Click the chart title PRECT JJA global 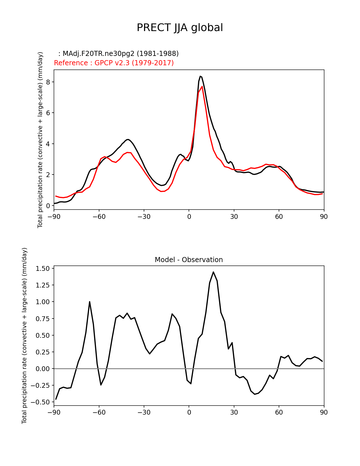pos(180,28)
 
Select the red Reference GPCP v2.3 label pos(114,63)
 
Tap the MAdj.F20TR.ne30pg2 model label pos(119,54)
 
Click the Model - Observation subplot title pos(189,260)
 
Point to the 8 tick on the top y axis pos(48,82)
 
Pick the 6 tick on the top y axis pos(48,113)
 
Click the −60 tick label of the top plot pos(99,217)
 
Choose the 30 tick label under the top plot pos(234,217)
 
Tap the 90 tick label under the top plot pos(324,217)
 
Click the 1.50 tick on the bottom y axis pos(43,269)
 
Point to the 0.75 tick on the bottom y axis pos(43,319)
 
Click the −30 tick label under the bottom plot pos(144,412)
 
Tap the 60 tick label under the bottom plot pos(279,412)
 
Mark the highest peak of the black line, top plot pos(200,76)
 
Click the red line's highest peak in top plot pos(202,86)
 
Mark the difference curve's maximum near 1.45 pos(213,272)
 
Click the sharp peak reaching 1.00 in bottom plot pos(90,302)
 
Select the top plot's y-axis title pos(40,140)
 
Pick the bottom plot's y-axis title pos(25,336)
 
